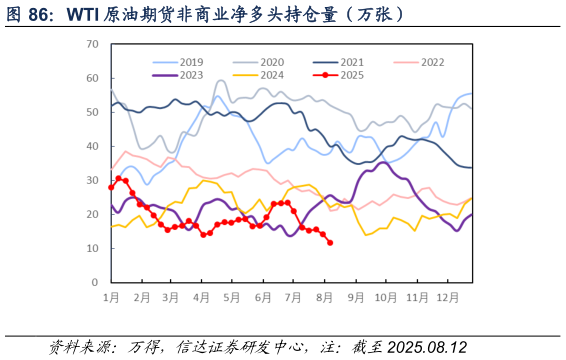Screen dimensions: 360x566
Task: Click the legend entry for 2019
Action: tap(191, 62)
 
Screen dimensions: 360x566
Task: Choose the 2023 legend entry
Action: tap(191, 75)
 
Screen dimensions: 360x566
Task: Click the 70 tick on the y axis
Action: tap(92, 44)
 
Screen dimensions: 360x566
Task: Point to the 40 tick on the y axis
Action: tap(92, 146)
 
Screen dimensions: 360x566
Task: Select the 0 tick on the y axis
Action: tap(95, 282)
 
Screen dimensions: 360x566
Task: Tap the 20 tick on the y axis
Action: tap(92, 214)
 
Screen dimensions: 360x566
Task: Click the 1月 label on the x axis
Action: tap(111, 298)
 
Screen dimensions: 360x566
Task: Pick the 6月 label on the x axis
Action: tap(265, 298)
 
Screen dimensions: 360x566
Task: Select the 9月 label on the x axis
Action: tap(357, 298)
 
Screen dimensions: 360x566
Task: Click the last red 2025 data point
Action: tap(330, 243)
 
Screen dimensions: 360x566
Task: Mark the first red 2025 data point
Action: tap(111, 187)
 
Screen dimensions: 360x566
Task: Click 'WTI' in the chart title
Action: tap(84, 13)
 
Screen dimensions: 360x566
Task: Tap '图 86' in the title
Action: tap(29, 13)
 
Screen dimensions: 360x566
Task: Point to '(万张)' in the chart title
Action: tap(376, 13)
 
